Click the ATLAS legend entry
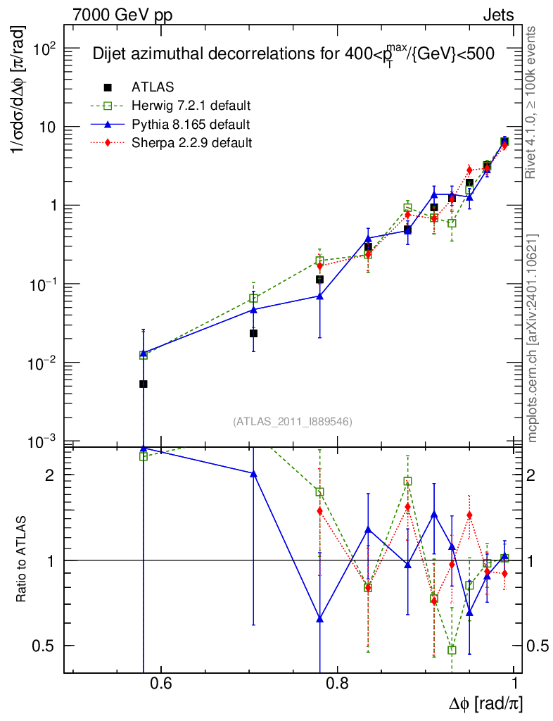(153, 87)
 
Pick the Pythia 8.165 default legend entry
(191, 125)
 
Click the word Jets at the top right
(498, 15)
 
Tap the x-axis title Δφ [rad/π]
(485, 703)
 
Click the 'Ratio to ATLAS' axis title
(22, 560)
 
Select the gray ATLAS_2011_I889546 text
(293, 422)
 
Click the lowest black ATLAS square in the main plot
(144, 384)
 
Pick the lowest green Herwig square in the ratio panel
(452, 650)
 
